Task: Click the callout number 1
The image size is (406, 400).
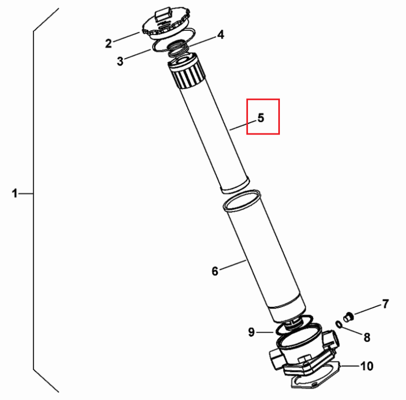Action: pyautogui.click(x=15, y=193)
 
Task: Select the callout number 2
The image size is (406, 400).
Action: pyautogui.click(x=108, y=43)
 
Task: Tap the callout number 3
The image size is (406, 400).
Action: pyautogui.click(x=120, y=61)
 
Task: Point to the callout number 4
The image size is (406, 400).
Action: pyautogui.click(x=220, y=35)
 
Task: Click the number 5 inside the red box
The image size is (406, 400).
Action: pyautogui.click(x=261, y=118)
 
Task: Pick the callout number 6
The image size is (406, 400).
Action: pyautogui.click(x=215, y=271)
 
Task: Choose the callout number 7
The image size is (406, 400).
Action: pyautogui.click(x=385, y=304)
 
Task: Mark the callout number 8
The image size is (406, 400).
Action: pyautogui.click(x=367, y=337)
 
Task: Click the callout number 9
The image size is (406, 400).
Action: pyautogui.click(x=251, y=332)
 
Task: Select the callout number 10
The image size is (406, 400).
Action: pyautogui.click(x=367, y=366)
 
